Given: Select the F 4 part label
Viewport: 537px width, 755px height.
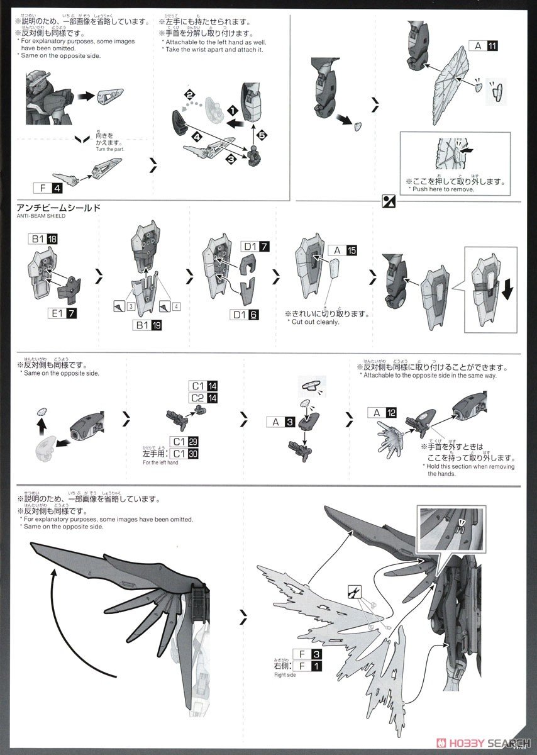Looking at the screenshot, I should click(x=48, y=187).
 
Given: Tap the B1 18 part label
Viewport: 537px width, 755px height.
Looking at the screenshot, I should click(x=43, y=239).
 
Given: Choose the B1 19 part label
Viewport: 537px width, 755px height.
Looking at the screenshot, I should click(x=148, y=325).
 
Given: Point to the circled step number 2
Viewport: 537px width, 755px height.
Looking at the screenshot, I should click(x=189, y=94).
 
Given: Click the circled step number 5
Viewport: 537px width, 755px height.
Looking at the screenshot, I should click(x=262, y=134).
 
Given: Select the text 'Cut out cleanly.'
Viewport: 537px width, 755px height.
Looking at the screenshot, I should click(x=316, y=322).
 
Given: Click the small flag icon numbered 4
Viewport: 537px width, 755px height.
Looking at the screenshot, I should click(x=171, y=305).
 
